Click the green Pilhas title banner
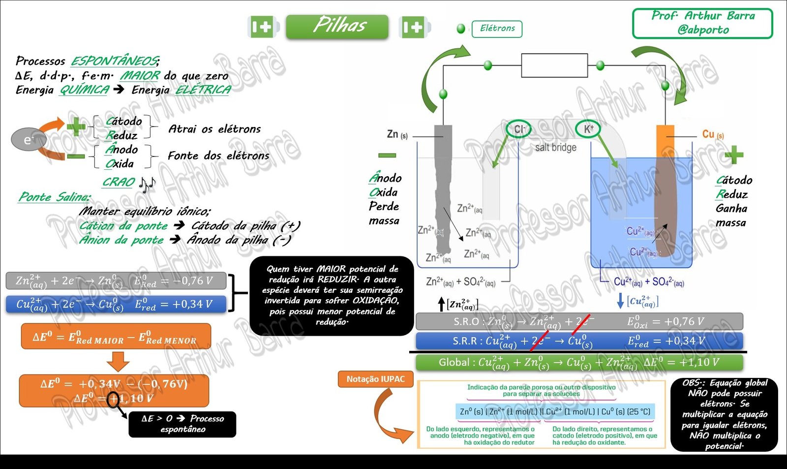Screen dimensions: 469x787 click(x=337, y=26)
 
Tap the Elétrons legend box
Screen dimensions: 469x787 click(x=497, y=29)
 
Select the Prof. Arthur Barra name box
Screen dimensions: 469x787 click(x=702, y=23)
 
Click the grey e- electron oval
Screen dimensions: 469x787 click(x=28, y=140)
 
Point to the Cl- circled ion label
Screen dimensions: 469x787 click(x=519, y=129)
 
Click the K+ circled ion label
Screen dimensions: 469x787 click(x=588, y=129)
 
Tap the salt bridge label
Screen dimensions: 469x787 click(x=555, y=148)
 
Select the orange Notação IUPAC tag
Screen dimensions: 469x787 click(x=375, y=379)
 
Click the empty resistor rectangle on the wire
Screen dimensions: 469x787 click(x=554, y=66)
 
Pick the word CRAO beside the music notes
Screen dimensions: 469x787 click(x=119, y=183)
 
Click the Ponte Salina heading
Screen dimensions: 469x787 click(x=54, y=197)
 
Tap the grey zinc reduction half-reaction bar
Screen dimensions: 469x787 click(x=116, y=281)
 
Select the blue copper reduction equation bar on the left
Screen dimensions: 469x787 click(x=116, y=304)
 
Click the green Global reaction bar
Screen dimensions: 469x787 click(x=579, y=363)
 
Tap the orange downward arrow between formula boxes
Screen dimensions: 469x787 click(x=118, y=362)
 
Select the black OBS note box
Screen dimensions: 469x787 click(x=724, y=414)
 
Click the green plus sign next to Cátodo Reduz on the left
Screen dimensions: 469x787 click(x=76, y=127)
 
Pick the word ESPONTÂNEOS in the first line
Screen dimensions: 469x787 click(x=114, y=61)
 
